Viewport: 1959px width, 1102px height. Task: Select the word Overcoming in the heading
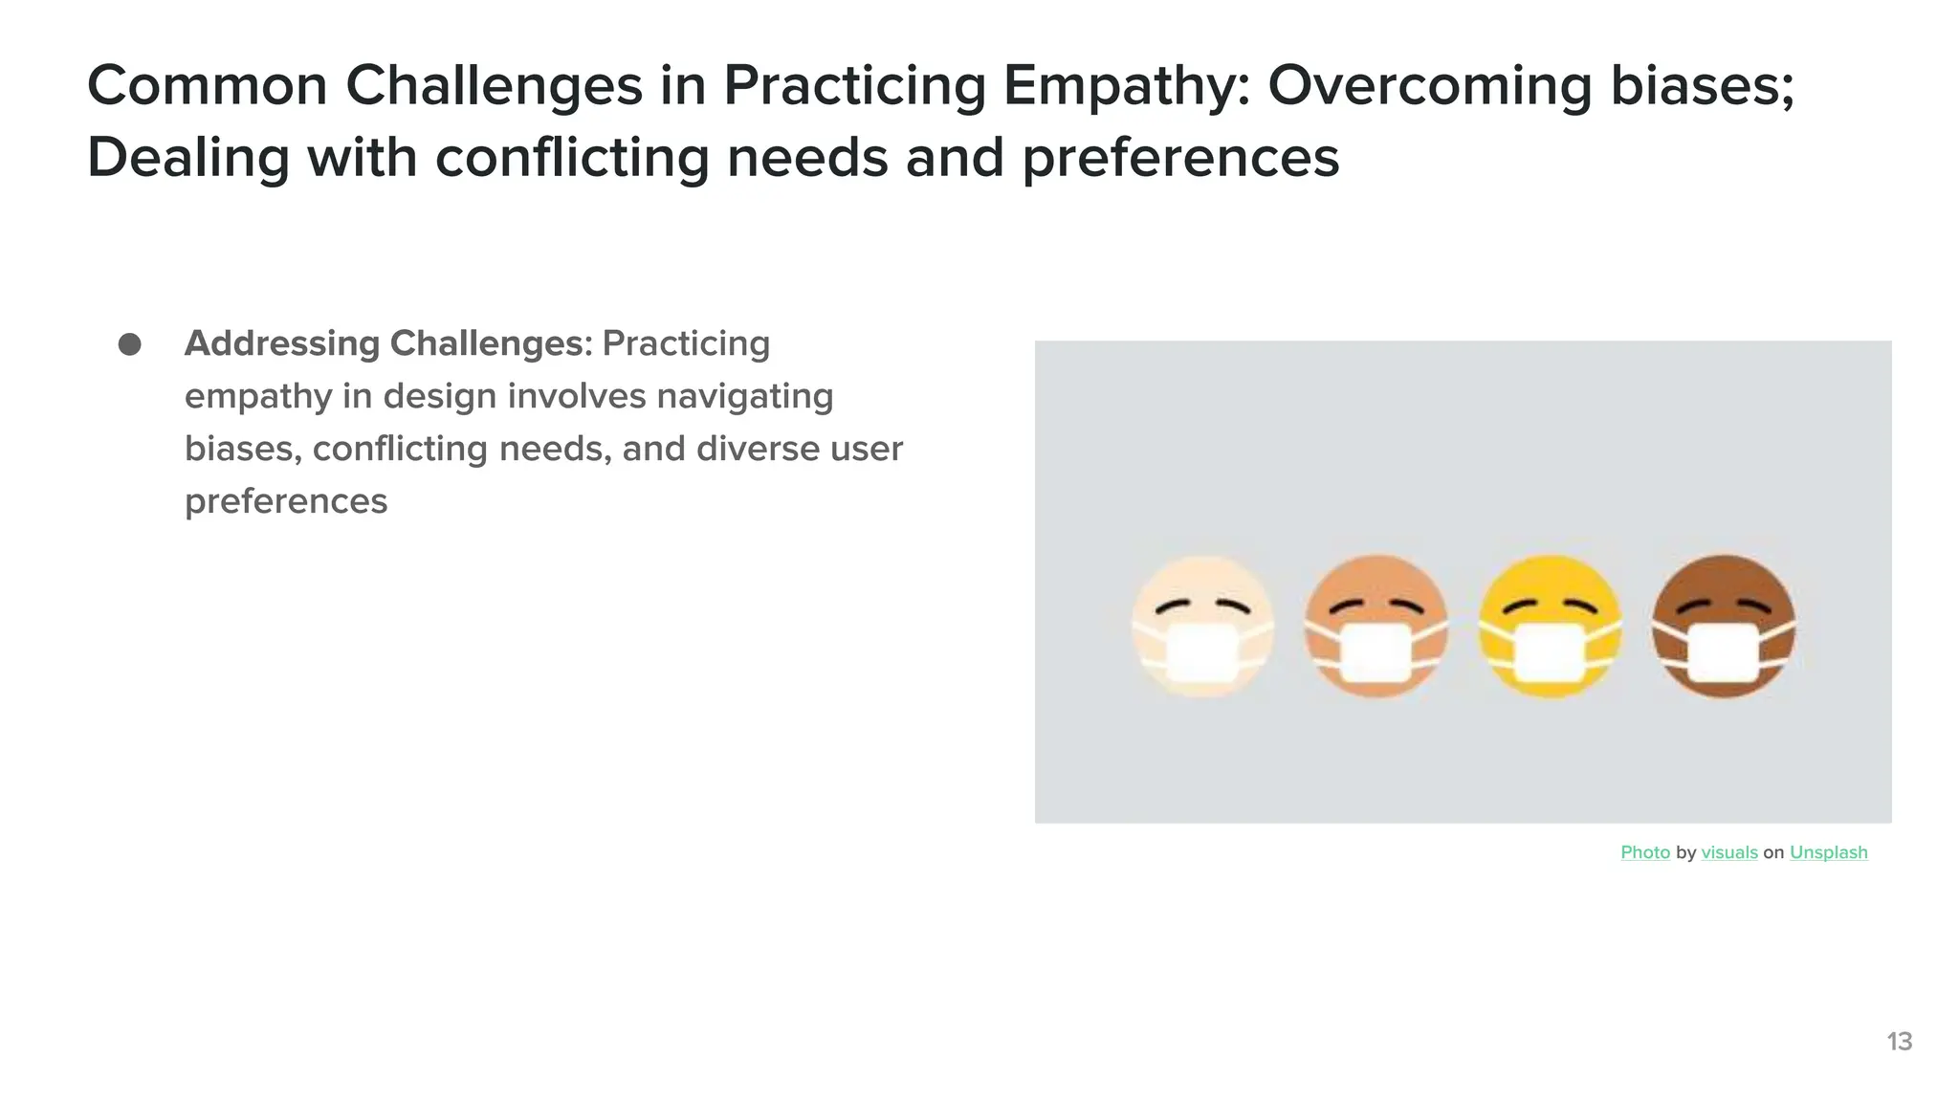click(x=1430, y=86)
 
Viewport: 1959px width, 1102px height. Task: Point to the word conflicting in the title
click(x=572, y=158)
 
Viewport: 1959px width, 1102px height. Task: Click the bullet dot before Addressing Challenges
click(x=130, y=344)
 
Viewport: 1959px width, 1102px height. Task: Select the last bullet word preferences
click(x=286, y=501)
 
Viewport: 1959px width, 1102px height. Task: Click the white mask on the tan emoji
click(x=1376, y=652)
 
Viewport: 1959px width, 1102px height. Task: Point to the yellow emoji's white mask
click(x=1550, y=652)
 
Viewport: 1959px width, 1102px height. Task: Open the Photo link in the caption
click(x=1645, y=852)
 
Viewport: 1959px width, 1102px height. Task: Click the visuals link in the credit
click(x=1729, y=852)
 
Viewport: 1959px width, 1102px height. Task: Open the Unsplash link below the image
click(x=1828, y=852)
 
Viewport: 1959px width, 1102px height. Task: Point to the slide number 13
click(x=1899, y=1042)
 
